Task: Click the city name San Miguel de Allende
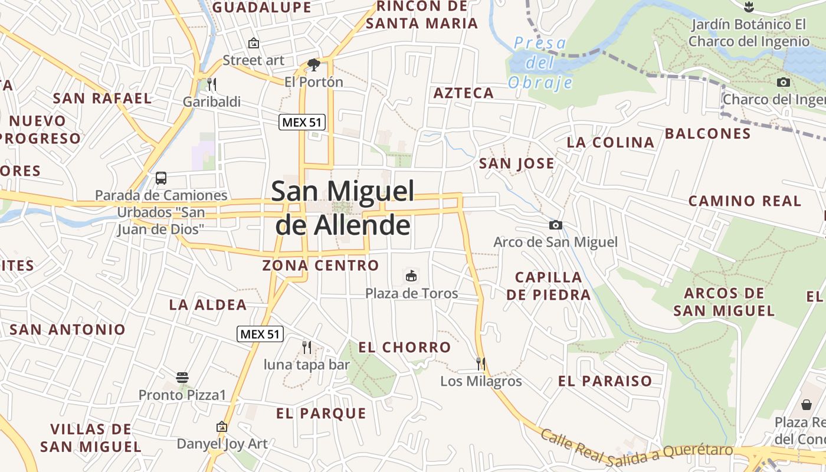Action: pyautogui.click(x=342, y=208)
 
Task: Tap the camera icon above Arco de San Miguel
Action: pyautogui.click(x=555, y=225)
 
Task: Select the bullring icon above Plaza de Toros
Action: pyautogui.click(x=411, y=276)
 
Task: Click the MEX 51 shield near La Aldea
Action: pyautogui.click(x=260, y=334)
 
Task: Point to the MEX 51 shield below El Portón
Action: pyautogui.click(x=301, y=122)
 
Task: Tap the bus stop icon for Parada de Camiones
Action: pyautogui.click(x=161, y=178)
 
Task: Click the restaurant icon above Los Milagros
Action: pyautogui.click(x=481, y=363)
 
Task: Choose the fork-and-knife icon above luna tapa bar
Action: pyautogui.click(x=306, y=347)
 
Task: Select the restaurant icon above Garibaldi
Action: pyautogui.click(x=211, y=84)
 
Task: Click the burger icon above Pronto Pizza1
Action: pyautogui.click(x=182, y=377)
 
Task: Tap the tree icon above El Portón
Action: pyautogui.click(x=313, y=64)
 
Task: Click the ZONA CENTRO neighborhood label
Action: pyautogui.click(x=320, y=265)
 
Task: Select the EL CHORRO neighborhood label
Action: pyautogui.click(x=405, y=348)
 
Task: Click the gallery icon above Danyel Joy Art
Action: pyautogui.click(x=222, y=426)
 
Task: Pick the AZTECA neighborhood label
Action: pyautogui.click(x=464, y=93)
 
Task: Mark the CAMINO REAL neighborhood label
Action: pyautogui.click(x=745, y=201)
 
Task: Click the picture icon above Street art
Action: pyautogui.click(x=254, y=43)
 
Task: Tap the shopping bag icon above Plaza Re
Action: pyautogui.click(x=806, y=405)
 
